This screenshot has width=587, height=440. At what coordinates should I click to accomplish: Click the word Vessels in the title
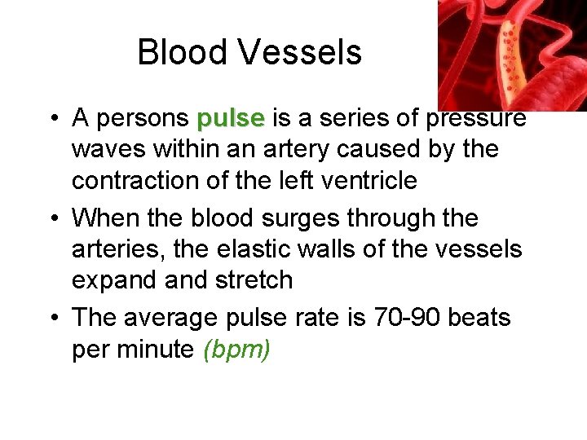click(x=299, y=52)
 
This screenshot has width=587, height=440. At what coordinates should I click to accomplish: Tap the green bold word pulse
click(x=231, y=119)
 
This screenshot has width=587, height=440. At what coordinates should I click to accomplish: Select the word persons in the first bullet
click(x=143, y=119)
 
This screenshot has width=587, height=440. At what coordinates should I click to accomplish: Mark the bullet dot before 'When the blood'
click(x=51, y=218)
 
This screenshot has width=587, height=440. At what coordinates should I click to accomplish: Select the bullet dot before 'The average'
click(x=51, y=316)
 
